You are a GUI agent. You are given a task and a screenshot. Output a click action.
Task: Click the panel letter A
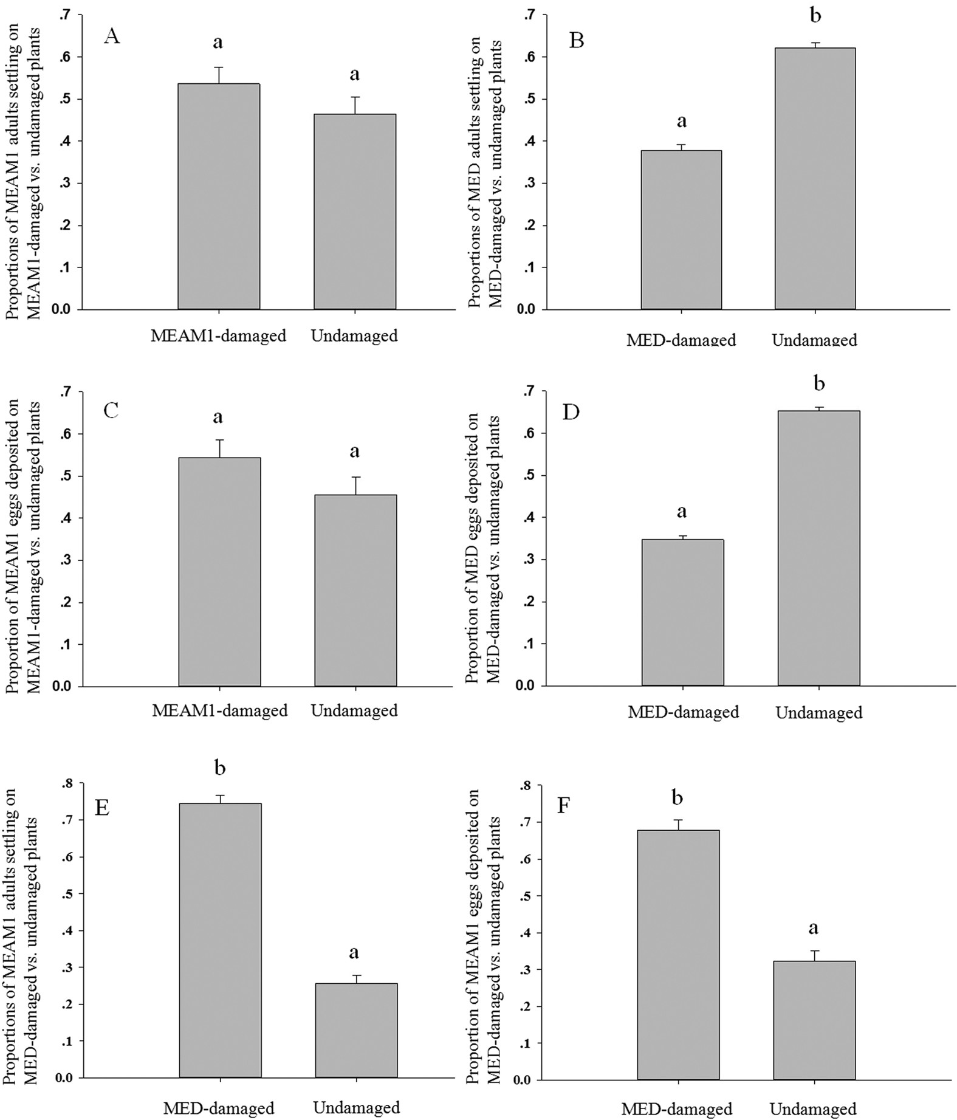click(x=112, y=36)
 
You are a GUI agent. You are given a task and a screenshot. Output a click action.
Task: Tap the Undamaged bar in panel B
click(x=815, y=179)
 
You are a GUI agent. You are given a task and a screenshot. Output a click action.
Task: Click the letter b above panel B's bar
click(x=815, y=16)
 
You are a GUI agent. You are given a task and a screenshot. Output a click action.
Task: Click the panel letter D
click(x=571, y=412)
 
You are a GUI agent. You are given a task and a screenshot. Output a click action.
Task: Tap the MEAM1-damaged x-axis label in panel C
click(x=219, y=710)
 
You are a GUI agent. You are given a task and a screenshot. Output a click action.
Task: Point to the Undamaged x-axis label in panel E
click(x=356, y=1107)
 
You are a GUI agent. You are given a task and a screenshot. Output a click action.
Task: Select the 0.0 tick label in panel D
click(x=526, y=685)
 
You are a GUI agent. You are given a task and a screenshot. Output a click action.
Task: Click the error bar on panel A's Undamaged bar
click(x=355, y=105)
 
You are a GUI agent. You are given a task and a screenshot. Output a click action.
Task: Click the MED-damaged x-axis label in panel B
click(x=681, y=339)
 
